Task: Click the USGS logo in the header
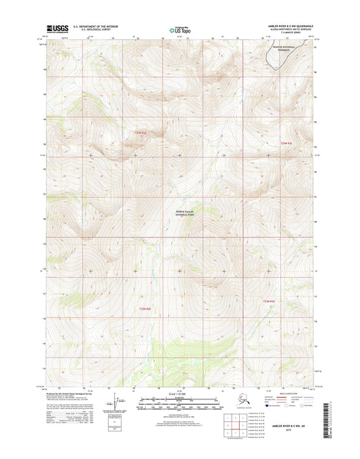53,30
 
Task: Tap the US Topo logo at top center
180,30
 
